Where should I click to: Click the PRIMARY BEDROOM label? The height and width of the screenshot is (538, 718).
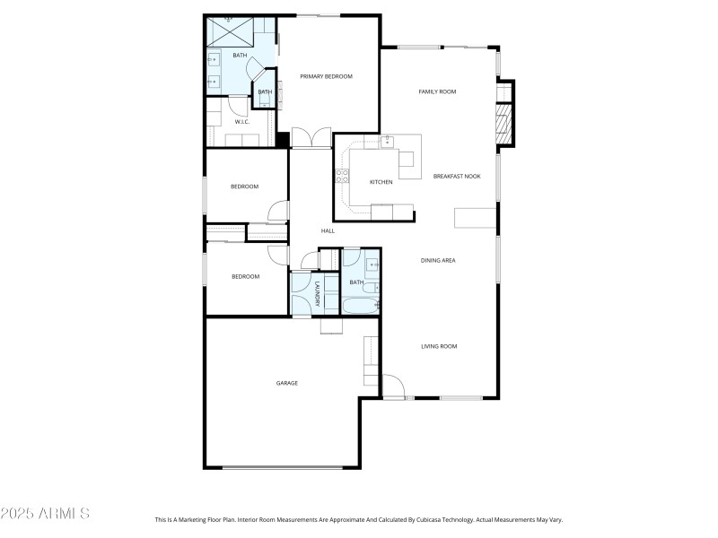(326, 76)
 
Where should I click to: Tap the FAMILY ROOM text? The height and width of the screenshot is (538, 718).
(438, 91)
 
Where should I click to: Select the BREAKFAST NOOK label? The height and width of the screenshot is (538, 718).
(457, 176)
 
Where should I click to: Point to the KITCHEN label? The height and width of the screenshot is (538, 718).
(381, 182)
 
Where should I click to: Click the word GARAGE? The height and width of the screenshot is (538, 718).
(286, 383)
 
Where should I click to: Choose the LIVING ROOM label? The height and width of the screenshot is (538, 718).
(440, 346)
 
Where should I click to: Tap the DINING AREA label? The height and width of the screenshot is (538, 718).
(439, 260)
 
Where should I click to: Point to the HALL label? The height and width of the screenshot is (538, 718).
(328, 231)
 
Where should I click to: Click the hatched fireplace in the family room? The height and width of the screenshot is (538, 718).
(504, 124)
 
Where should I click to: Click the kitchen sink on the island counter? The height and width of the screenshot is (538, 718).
(388, 142)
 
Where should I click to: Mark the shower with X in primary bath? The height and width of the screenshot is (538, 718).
(230, 32)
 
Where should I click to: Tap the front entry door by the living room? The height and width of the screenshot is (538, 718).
(393, 386)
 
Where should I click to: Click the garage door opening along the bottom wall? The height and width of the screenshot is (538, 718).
(282, 467)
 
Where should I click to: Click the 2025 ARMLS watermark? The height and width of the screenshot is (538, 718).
(45, 514)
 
